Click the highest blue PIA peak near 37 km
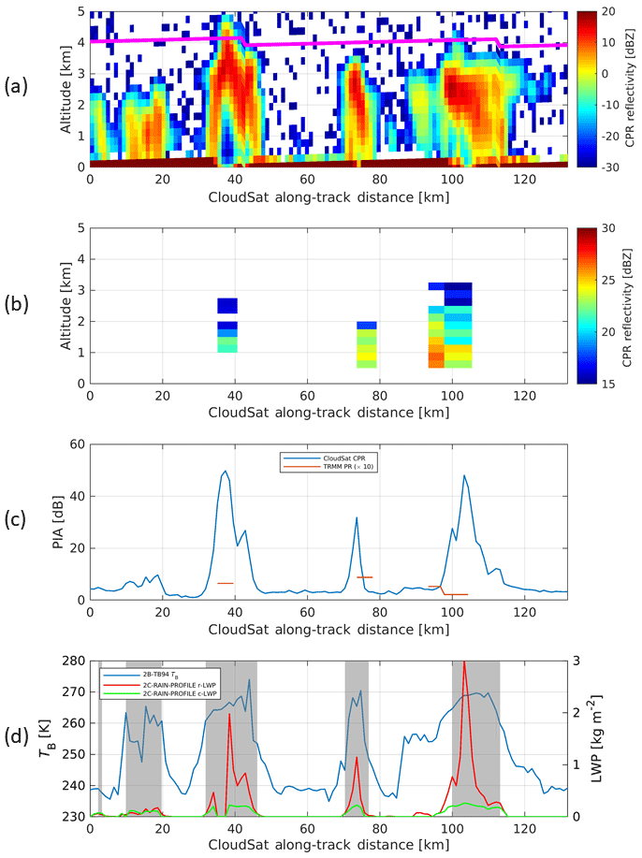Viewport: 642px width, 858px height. [225, 472]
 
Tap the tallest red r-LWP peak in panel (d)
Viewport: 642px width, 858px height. [464, 662]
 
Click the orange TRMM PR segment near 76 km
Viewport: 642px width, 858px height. [364, 577]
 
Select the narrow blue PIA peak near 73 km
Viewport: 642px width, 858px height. [357, 517]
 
